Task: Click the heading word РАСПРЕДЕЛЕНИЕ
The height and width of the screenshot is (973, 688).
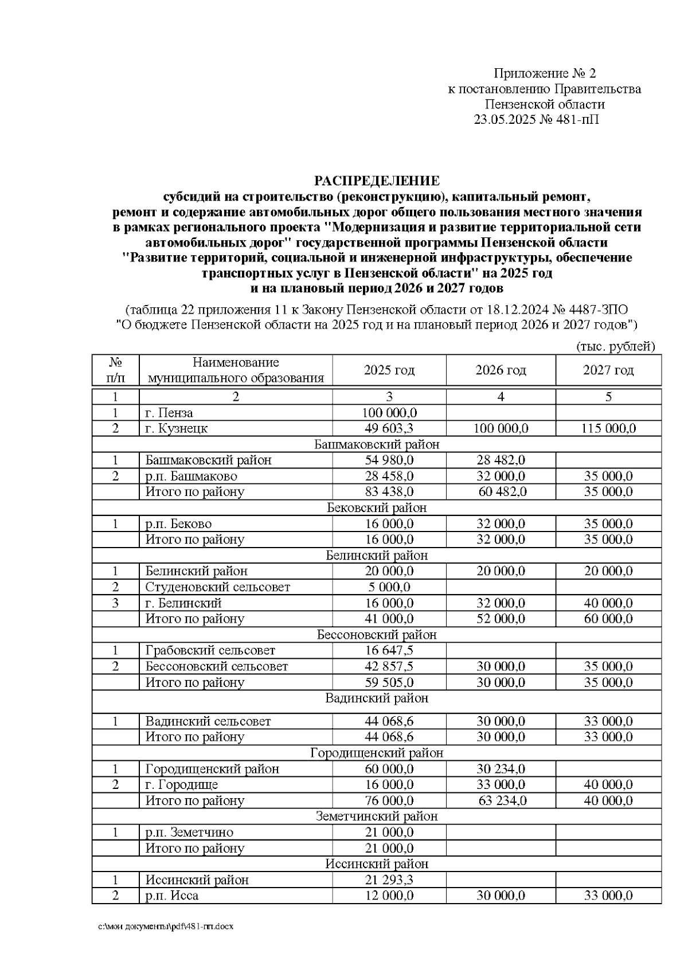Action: point(377,181)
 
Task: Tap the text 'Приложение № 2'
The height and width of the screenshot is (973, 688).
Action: point(545,73)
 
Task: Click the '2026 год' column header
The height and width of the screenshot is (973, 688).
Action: point(501,370)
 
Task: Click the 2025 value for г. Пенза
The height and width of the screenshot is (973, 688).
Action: point(389,413)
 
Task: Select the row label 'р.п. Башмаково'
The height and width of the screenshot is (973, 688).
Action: point(191,476)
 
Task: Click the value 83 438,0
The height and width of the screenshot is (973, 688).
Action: point(389,492)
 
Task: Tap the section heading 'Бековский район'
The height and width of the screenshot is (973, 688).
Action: point(377,507)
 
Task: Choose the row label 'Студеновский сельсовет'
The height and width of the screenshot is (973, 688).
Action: point(217,587)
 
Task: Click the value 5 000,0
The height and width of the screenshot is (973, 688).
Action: point(389,587)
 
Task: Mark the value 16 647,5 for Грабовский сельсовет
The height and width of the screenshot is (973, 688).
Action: point(389,650)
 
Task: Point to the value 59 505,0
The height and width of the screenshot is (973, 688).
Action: point(389,682)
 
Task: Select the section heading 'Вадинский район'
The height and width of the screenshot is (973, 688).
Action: point(377,698)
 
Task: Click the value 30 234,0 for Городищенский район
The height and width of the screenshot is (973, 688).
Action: point(501,769)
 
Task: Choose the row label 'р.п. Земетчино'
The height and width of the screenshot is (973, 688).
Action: point(189,833)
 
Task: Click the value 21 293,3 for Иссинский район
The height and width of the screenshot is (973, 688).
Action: point(389,880)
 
